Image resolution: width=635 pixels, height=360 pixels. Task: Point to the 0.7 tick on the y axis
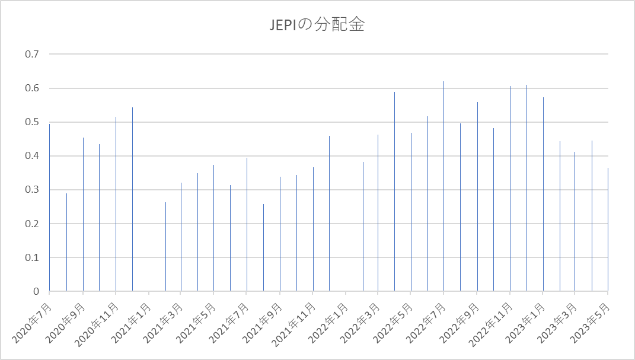click(x=31, y=55)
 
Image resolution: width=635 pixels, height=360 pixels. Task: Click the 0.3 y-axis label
click(x=31, y=190)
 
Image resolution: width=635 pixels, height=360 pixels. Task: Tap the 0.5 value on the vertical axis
click(x=31, y=122)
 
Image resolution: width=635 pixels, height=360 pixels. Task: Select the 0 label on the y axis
click(x=36, y=292)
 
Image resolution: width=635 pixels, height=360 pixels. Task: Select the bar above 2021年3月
click(x=181, y=237)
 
